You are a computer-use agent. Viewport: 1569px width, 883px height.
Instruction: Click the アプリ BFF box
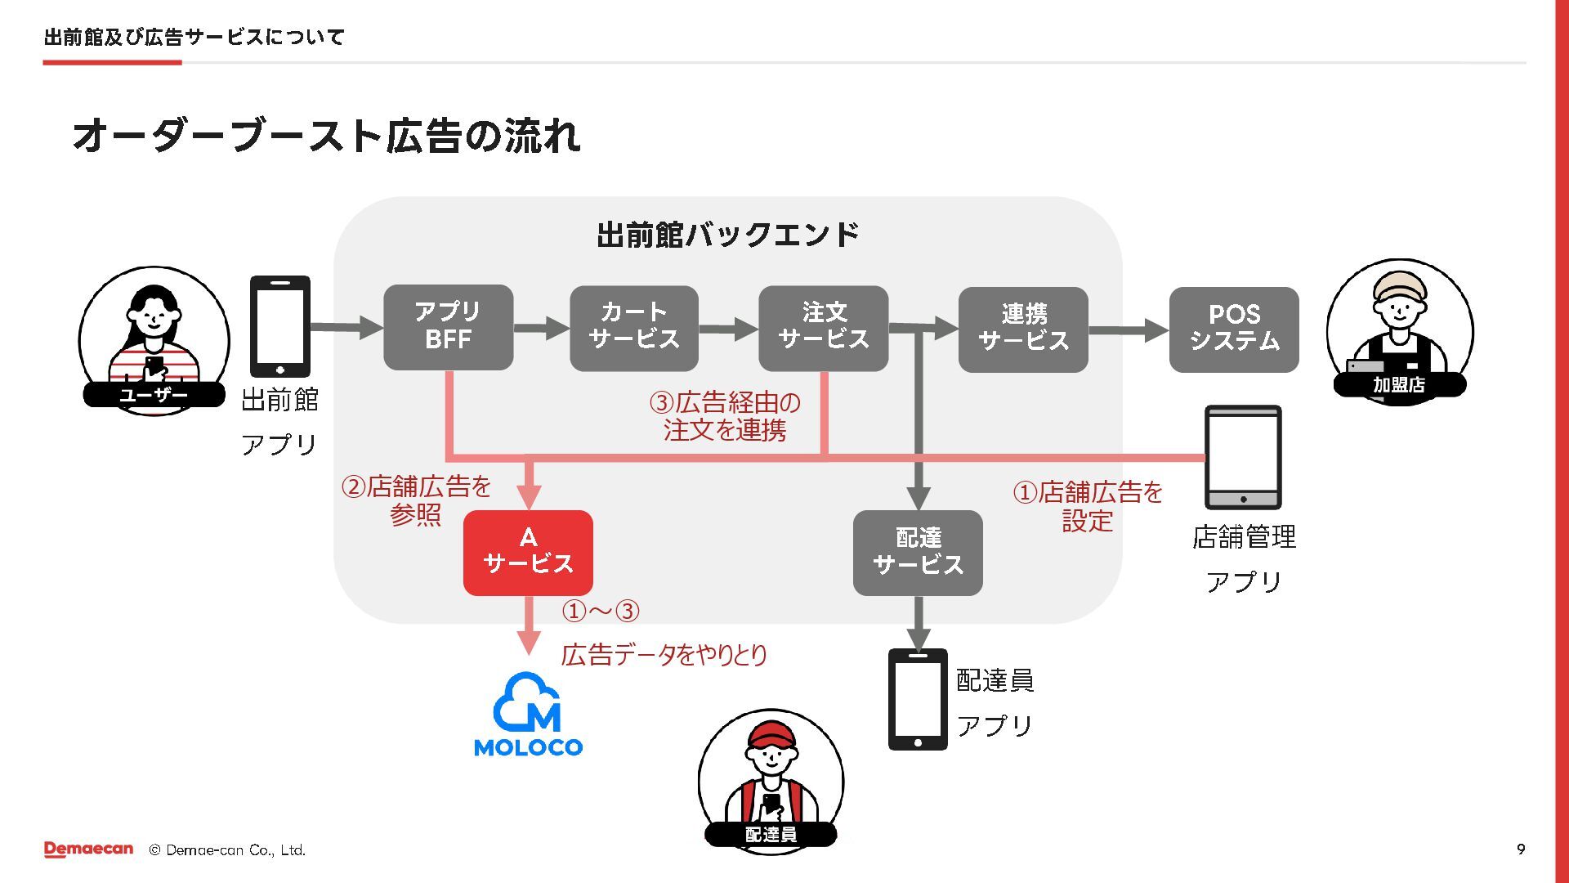448,327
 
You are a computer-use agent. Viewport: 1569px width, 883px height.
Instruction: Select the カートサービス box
633,328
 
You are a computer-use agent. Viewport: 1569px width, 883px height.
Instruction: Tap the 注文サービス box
823,328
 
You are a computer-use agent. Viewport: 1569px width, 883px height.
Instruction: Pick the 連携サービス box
1023,329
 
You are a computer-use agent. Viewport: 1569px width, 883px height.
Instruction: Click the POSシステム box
1234,329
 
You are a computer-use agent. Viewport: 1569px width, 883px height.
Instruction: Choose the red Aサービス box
528,553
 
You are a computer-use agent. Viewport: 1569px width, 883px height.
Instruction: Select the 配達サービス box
918,553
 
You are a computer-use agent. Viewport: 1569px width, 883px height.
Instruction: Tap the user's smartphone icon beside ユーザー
279,326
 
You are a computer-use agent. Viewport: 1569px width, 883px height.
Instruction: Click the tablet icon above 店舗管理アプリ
1243,457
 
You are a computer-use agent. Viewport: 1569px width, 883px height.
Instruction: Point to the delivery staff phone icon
918,699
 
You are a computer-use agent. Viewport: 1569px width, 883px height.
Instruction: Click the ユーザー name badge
154,395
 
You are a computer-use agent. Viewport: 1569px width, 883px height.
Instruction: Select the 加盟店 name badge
1398,384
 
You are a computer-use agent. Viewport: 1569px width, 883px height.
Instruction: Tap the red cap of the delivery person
771,733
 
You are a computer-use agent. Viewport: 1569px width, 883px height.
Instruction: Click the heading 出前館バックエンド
727,235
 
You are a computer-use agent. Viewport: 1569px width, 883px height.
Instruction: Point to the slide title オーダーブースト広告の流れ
327,136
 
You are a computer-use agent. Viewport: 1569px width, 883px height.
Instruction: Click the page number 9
1521,849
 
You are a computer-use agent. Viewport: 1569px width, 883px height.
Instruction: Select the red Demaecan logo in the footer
88,849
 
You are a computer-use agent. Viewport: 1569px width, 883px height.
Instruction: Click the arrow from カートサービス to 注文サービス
728,329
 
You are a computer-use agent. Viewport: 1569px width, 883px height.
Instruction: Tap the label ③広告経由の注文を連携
725,416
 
